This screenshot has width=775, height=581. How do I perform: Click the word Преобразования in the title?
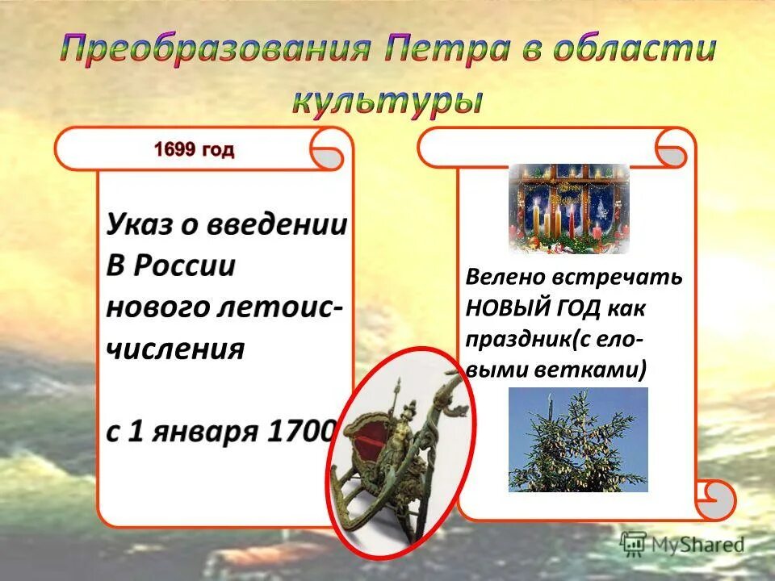pyautogui.click(x=206, y=50)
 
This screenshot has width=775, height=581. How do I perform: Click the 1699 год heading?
pyautogui.click(x=194, y=149)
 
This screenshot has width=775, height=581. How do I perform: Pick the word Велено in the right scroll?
pyautogui.click(x=505, y=278)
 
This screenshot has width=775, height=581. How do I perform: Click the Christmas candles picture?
pyautogui.click(x=568, y=208)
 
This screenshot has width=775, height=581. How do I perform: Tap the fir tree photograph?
pyautogui.click(x=578, y=440)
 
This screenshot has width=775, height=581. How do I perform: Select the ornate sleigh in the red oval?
pyautogui.click(x=400, y=452)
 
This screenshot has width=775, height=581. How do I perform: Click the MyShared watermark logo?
pyautogui.click(x=682, y=544)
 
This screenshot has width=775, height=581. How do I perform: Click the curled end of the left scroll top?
pyautogui.click(x=330, y=150)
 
